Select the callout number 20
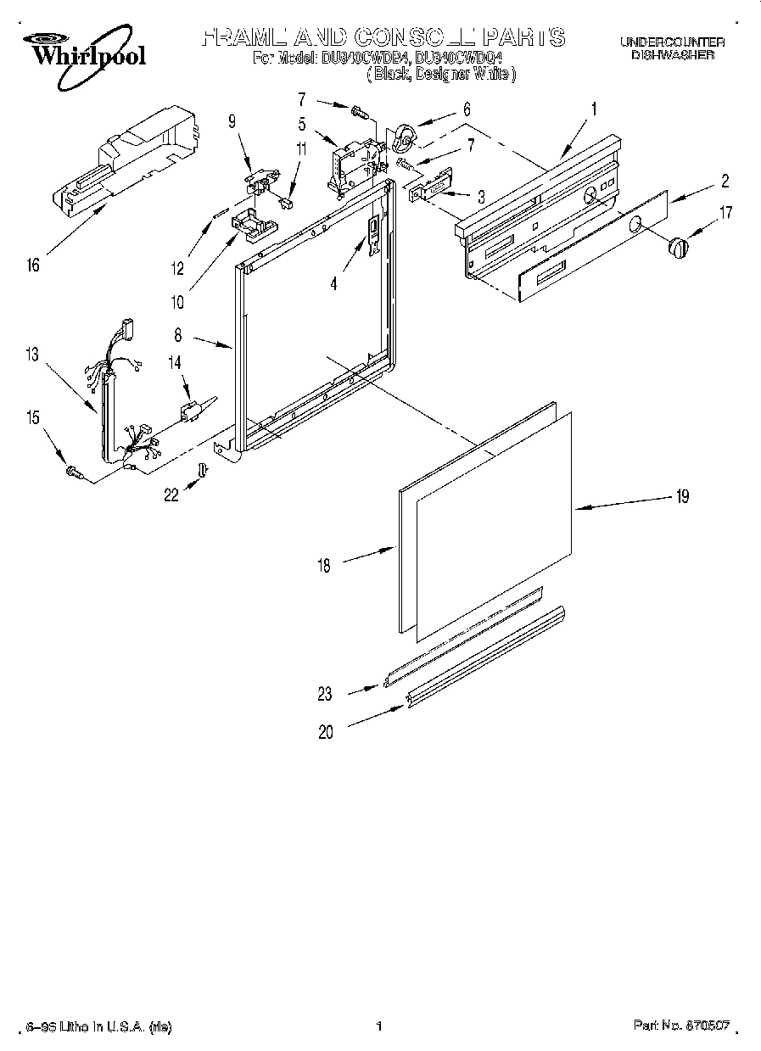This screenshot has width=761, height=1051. tap(326, 732)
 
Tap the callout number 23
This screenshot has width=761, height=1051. tap(326, 693)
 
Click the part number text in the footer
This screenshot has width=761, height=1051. tap(682, 1026)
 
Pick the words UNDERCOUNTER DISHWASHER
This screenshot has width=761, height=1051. tap(671, 48)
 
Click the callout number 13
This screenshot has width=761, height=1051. tap(32, 355)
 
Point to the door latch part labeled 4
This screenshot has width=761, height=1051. tap(372, 234)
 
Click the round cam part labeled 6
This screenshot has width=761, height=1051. tap(404, 136)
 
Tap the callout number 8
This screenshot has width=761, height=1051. tap(177, 336)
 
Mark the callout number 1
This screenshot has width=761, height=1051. tap(594, 108)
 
